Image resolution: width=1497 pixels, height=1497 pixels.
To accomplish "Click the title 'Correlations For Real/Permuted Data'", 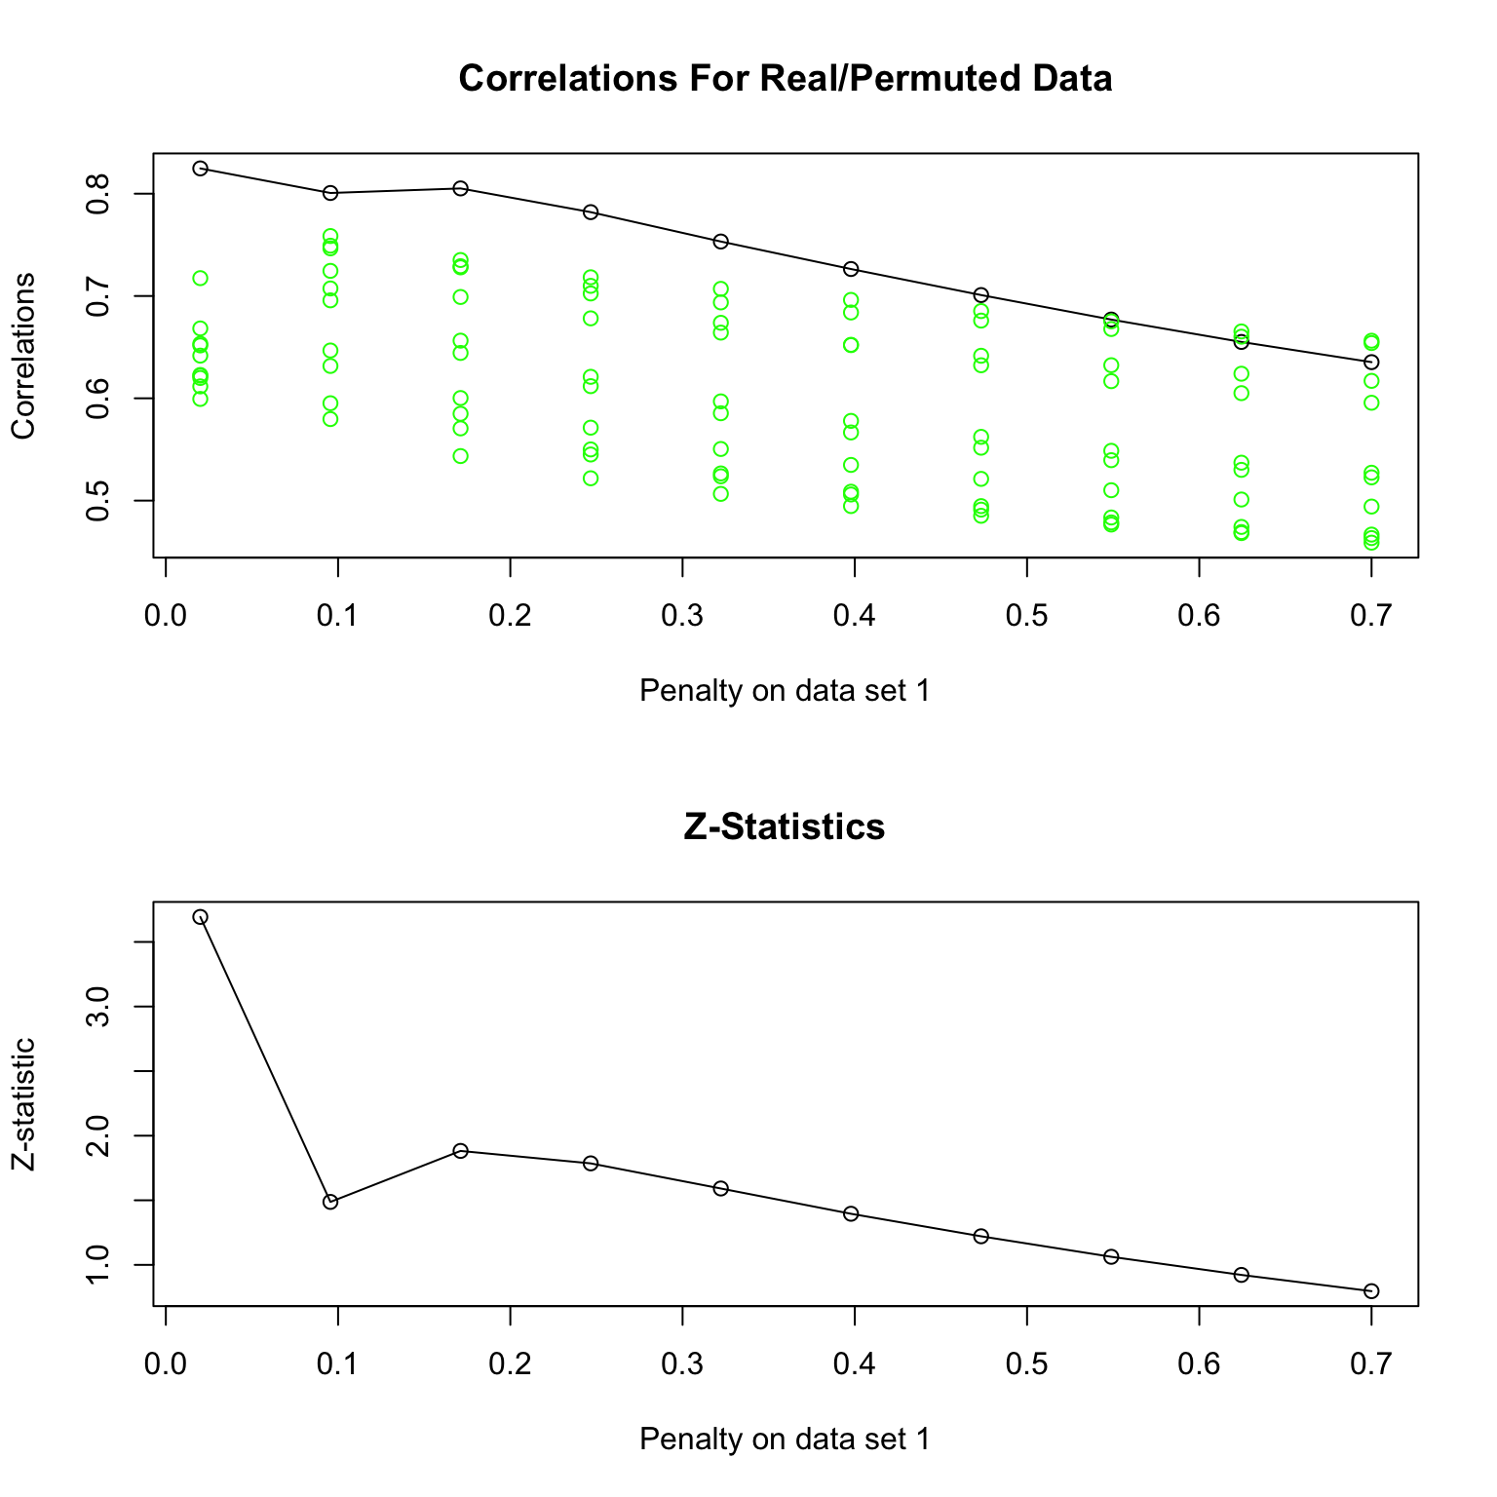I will click(x=785, y=78).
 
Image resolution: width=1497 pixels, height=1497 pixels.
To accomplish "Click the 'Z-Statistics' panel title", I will click(x=785, y=826).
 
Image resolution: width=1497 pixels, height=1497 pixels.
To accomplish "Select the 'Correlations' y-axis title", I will click(x=23, y=356).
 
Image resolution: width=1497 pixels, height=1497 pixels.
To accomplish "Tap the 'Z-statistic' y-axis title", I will click(x=23, y=1103).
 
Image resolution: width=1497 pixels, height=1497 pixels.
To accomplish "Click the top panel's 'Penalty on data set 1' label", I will click(x=785, y=691).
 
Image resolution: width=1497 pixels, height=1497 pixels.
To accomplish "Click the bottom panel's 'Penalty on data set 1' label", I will click(x=785, y=1439).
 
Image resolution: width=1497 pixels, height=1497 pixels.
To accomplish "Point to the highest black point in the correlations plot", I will click(x=200, y=169).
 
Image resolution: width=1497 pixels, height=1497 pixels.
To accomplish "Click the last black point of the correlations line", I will click(x=1371, y=362).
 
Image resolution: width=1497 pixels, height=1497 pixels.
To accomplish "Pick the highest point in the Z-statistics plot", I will click(x=200, y=917).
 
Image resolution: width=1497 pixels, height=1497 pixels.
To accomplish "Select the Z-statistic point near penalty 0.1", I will click(x=330, y=1202).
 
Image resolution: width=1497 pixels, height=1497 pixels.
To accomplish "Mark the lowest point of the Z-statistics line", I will click(x=1371, y=1291).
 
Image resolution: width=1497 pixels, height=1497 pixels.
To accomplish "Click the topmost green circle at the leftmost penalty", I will click(x=200, y=279).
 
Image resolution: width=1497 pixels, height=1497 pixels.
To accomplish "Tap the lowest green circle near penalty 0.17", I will click(x=460, y=456).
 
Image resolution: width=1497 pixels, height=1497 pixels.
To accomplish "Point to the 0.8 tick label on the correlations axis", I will click(x=97, y=194).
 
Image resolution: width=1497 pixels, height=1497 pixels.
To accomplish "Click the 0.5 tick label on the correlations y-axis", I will click(x=97, y=501).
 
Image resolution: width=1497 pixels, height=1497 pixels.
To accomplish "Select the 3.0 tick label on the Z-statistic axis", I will click(x=97, y=1007).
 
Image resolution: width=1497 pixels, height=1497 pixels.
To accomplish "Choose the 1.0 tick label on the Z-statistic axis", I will click(x=97, y=1265).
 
